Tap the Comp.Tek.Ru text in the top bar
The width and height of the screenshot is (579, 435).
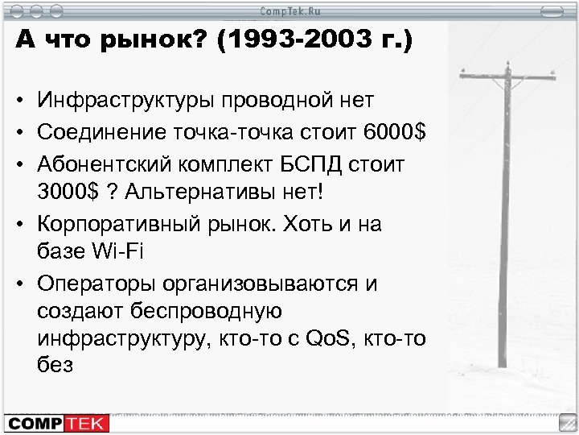pos(290,10)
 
